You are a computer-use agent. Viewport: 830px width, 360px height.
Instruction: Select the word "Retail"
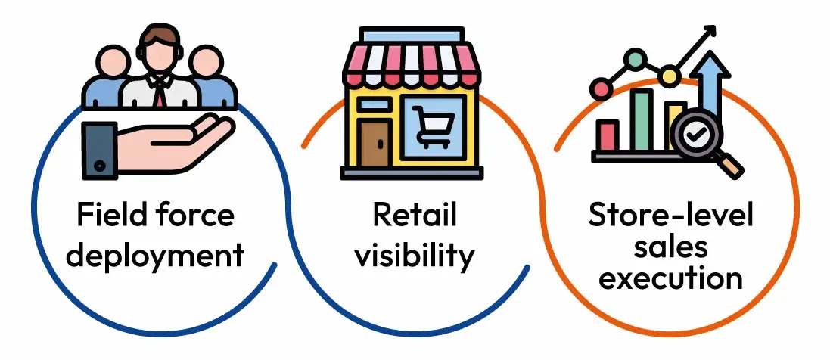(x=414, y=215)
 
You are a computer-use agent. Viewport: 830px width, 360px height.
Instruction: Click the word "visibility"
(x=414, y=255)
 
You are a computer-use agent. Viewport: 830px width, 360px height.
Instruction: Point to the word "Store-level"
(x=671, y=216)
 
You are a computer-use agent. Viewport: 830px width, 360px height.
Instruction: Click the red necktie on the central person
(x=160, y=95)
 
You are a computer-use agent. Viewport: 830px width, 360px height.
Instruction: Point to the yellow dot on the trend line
(x=670, y=75)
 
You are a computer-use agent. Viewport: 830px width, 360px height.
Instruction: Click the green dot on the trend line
(x=634, y=60)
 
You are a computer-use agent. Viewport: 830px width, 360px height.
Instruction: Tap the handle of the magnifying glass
(x=729, y=164)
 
